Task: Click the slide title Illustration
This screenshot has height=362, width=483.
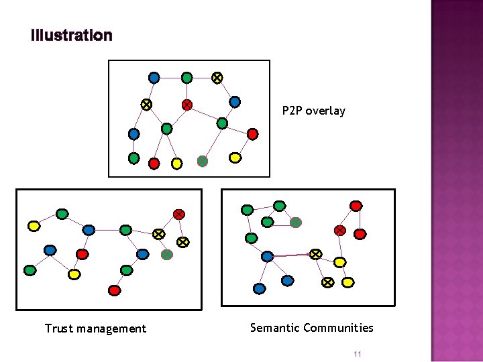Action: click(72, 36)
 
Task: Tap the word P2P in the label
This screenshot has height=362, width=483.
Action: click(292, 111)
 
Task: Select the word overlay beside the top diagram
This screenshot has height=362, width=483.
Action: click(325, 111)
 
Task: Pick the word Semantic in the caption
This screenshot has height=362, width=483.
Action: click(274, 328)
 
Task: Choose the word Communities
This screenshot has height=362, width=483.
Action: click(338, 328)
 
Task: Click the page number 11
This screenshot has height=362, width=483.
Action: click(358, 354)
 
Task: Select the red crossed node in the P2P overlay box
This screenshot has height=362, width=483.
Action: click(187, 105)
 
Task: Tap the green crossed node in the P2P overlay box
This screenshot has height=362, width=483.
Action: click(202, 161)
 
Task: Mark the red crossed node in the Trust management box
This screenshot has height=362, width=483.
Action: click(178, 214)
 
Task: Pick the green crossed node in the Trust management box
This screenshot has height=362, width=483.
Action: click(167, 254)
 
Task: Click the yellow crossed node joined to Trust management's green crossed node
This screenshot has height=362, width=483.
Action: click(182, 241)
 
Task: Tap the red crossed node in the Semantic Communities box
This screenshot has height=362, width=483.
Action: click(340, 230)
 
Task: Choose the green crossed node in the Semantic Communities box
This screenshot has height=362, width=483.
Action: click(295, 223)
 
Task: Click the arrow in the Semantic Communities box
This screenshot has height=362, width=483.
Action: click(291, 255)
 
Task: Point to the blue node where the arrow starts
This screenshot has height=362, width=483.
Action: click(267, 256)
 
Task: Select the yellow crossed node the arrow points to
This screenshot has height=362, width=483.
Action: click(315, 254)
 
